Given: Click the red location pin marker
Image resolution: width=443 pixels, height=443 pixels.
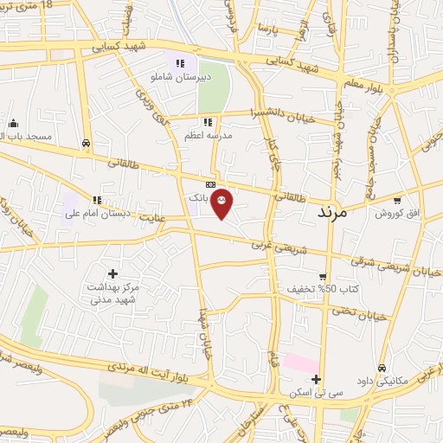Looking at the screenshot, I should coord(222,202).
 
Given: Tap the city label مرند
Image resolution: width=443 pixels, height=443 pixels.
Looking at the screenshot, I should coord(331,211).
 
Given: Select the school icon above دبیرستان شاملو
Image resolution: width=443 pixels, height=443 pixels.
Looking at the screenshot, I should coord(180,62).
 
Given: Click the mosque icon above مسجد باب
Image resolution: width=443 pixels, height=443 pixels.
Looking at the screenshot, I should coord(12,123).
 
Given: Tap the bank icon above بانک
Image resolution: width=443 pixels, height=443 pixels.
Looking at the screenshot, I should coord(210,185).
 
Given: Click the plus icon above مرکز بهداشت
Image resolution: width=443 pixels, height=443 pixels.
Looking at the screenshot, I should coord(112,273).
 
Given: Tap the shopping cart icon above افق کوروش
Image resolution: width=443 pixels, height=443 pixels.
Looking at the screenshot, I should coord(396,200).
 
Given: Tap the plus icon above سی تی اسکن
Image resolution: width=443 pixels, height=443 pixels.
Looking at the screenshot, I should coord(316,379).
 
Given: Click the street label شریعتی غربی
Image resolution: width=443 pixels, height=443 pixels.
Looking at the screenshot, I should coord(273,247).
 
